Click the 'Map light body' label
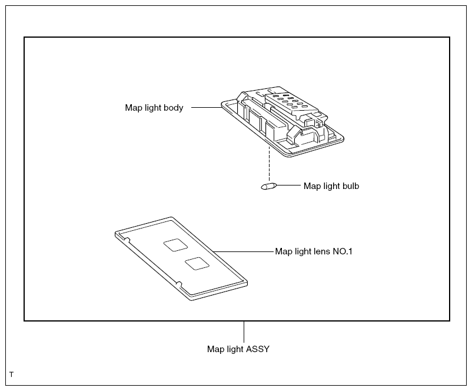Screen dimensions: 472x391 [154, 108]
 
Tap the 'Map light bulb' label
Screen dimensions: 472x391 [331, 186]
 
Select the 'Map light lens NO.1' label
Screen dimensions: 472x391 [314, 251]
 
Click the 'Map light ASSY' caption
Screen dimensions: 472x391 [238, 349]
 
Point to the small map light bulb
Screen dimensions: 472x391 [268, 187]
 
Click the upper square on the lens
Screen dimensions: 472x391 [175, 244]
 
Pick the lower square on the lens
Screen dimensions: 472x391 [197, 264]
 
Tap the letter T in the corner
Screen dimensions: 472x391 [11, 375]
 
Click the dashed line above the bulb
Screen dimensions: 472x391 [270, 165]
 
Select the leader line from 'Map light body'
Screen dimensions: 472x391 [207, 107]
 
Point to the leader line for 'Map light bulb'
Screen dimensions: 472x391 [288, 185]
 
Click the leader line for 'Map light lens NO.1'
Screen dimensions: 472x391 [243, 251]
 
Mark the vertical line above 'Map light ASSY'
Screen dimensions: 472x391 [244, 332]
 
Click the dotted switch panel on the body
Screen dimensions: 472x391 [291, 103]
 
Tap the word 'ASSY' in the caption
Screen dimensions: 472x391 [258, 349]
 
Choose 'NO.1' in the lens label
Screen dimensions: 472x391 [343, 251]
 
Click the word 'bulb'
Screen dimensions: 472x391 [350, 186]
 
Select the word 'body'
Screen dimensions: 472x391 [174, 108]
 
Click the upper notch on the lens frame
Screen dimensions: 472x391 [127, 240]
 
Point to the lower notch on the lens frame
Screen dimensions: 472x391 [179, 284]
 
